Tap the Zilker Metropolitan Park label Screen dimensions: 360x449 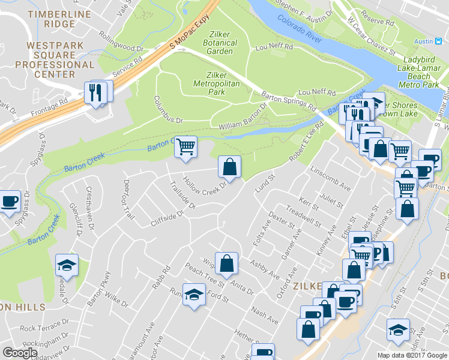pyautogui.click(x=215, y=83)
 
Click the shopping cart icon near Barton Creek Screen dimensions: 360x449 pyautogui.click(x=186, y=146)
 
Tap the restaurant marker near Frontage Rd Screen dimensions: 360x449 pyautogui.click(x=96, y=92)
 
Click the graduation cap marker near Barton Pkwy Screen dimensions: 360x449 pyautogui.click(x=67, y=264)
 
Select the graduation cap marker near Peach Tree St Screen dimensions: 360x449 pyautogui.click(x=193, y=295)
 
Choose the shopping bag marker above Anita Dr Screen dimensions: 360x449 pyautogui.click(x=226, y=263)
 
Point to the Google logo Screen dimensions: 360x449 pyautogui.click(x=20, y=353)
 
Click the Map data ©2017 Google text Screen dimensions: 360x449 pyautogui.click(x=412, y=355)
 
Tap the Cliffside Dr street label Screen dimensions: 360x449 pyautogui.click(x=166, y=218)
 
